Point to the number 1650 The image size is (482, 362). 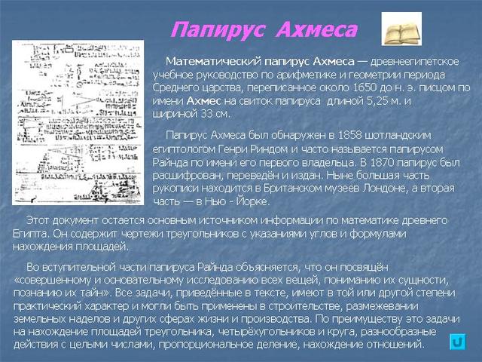[346, 87]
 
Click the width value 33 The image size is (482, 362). [203, 113]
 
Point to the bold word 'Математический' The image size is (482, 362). [212, 60]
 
